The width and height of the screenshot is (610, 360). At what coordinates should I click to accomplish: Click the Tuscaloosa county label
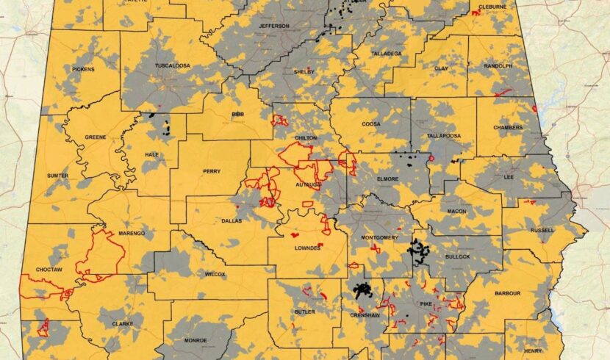click(x=172, y=65)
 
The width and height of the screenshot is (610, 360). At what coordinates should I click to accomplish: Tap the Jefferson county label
click(x=274, y=26)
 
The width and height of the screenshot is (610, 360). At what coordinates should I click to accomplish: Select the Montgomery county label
click(x=380, y=238)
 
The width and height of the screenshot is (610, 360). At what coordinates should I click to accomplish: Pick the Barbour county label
click(x=507, y=293)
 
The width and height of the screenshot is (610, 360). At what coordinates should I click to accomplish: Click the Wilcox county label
click(x=215, y=274)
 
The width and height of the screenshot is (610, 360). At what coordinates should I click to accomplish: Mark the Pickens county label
click(x=83, y=69)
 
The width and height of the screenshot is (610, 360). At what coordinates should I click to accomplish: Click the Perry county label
click(x=211, y=171)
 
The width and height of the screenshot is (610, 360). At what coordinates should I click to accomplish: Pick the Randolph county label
click(x=498, y=65)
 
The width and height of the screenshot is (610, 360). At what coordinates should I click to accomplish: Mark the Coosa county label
click(x=370, y=125)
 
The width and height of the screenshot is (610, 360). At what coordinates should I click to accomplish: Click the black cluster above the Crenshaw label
click(x=362, y=290)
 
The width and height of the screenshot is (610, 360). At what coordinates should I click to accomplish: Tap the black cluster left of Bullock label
click(x=420, y=251)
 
